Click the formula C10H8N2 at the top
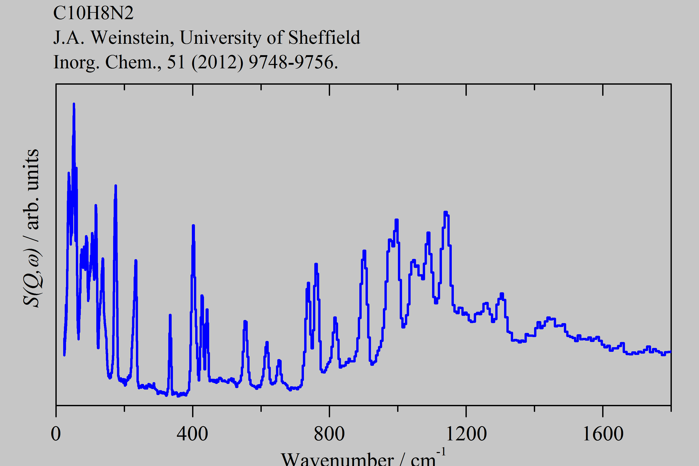pyautogui.click(x=93, y=13)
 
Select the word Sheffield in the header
pyautogui.click(x=324, y=38)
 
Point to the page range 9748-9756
pyautogui.click(x=293, y=62)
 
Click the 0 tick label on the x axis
pyautogui.click(x=56, y=434)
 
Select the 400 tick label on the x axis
pyautogui.click(x=192, y=434)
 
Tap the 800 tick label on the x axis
pyautogui.click(x=329, y=434)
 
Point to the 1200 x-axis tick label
pyautogui.click(x=466, y=434)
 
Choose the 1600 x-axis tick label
pyautogui.click(x=603, y=434)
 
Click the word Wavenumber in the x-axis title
pyautogui.click(x=337, y=459)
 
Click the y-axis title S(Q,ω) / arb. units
pyautogui.click(x=31, y=227)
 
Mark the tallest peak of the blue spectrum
pyautogui.click(x=74, y=104)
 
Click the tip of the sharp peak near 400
pyautogui.click(x=193, y=225)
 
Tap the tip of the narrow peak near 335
pyautogui.click(x=170, y=315)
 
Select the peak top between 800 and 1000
pyautogui.click(x=364, y=251)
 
